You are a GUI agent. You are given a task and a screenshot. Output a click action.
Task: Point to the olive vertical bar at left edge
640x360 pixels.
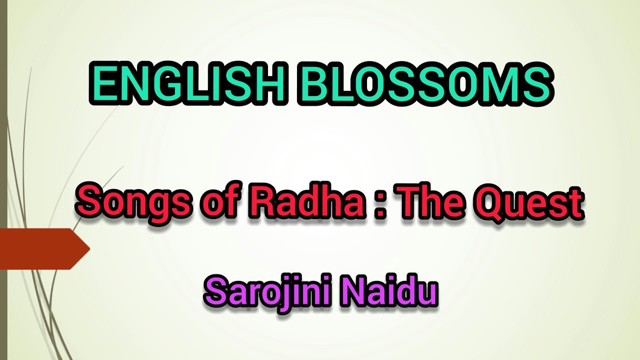[x=3, y=180]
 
